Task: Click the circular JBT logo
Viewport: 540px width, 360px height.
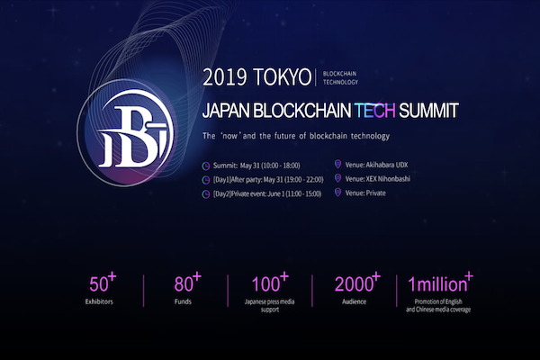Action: click(x=126, y=133)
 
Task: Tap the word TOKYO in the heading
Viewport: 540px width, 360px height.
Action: click(x=282, y=77)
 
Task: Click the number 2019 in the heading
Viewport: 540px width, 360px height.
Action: click(x=225, y=77)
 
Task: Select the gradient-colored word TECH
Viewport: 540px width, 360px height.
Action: click(x=374, y=110)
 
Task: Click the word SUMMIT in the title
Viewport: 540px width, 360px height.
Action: click(x=428, y=110)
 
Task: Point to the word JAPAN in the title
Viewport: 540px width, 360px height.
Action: click(x=226, y=111)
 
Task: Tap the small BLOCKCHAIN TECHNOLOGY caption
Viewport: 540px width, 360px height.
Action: click(x=340, y=78)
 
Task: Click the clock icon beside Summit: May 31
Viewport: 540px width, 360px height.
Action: click(x=206, y=166)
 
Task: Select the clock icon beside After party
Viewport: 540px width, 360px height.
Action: click(x=206, y=180)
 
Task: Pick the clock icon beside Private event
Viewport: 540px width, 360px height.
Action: click(x=206, y=194)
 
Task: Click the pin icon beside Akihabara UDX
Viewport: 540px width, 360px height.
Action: click(x=337, y=165)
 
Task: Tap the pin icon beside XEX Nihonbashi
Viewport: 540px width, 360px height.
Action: click(x=337, y=178)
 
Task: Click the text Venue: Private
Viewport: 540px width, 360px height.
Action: click(x=365, y=193)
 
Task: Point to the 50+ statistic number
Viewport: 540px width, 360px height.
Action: click(x=103, y=282)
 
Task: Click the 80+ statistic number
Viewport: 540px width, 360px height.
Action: click(x=187, y=282)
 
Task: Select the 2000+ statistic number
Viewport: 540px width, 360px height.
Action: click(x=357, y=282)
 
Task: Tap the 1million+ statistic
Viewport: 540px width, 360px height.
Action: click(x=440, y=282)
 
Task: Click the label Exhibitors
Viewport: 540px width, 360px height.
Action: click(x=99, y=301)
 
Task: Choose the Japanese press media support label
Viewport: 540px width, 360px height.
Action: click(x=270, y=306)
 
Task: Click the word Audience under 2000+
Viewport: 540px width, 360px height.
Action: click(x=354, y=301)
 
